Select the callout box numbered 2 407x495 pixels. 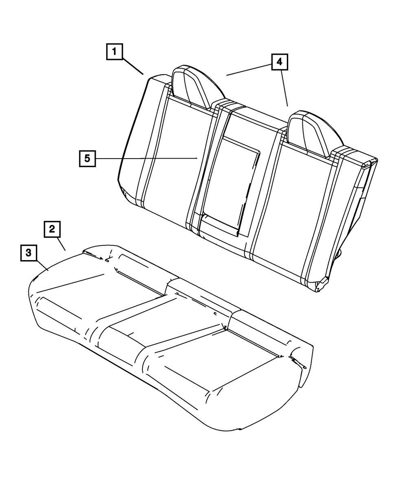click(52, 229)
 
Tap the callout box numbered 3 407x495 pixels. click(28, 252)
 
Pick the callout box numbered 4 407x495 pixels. click(279, 62)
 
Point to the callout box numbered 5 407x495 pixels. click(87, 158)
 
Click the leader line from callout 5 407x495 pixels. click(147, 158)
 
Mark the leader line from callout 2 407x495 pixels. click(61, 243)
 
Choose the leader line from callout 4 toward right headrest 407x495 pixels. click(284, 88)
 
